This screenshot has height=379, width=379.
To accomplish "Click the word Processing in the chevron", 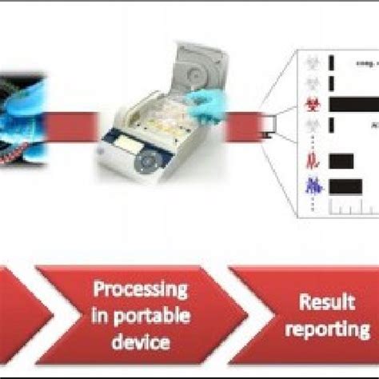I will (140, 289).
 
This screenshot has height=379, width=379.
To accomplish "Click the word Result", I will (326, 301).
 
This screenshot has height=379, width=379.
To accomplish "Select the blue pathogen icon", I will (312, 186).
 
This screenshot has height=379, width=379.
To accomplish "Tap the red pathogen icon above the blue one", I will (312, 161).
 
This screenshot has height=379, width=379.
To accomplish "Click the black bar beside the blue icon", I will (345, 186).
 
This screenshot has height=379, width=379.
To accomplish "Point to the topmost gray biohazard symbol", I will (312, 59).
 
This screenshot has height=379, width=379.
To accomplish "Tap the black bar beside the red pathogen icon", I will (341, 161).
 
